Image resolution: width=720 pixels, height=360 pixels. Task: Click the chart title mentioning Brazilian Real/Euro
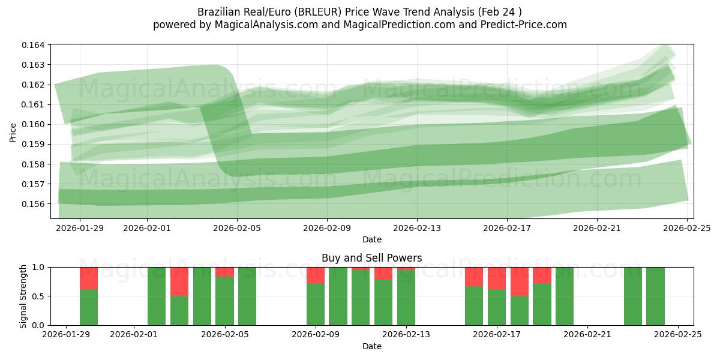pyautogui.click(x=359, y=12)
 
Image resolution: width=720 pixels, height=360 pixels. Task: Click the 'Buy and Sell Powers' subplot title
pyautogui.click(x=371, y=258)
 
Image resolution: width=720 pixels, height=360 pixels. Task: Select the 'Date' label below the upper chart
pyautogui.click(x=371, y=239)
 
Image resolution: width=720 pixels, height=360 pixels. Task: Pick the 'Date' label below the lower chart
pyautogui.click(x=371, y=346)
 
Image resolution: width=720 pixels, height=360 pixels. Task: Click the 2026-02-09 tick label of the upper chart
pyautogui.click(x=327, y=228)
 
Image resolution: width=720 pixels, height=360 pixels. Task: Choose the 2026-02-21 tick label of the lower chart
pyautogui.click(x=587, y=335)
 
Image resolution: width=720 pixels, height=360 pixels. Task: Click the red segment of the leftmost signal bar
pyautogui.click(x=89, y=278)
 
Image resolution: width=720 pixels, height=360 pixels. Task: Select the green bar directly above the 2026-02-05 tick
pyautogui.click(x=224, y=301)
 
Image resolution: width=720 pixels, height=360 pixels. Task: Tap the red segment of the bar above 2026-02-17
pyautogui.click(x=497, y=278)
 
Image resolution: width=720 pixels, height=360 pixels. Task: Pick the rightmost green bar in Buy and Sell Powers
pyautogui.click(x=655, y=296)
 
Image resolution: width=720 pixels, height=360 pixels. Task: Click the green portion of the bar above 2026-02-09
pyautogui.click(x=316, y=304)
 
